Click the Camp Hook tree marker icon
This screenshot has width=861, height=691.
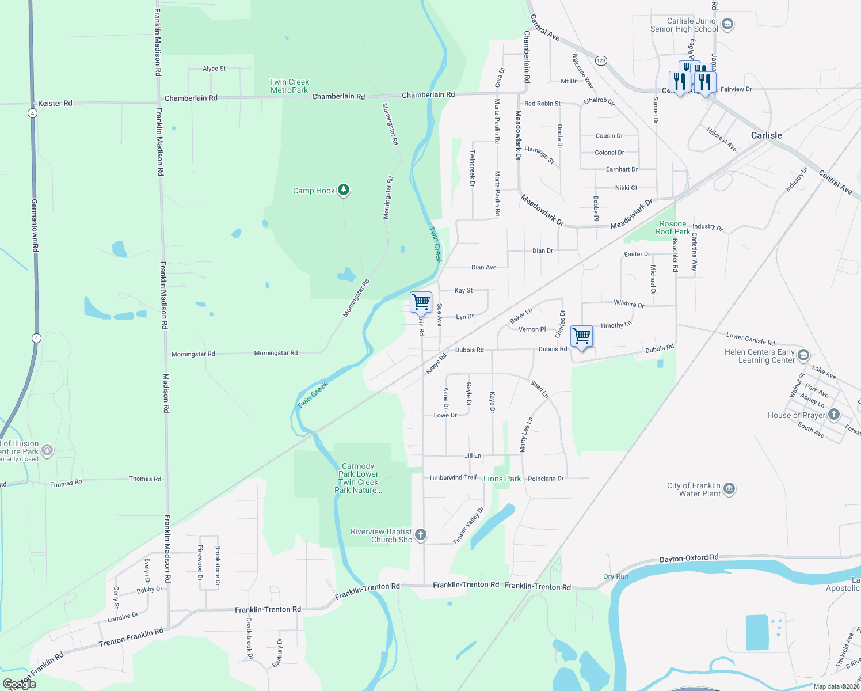(x=344, y=189)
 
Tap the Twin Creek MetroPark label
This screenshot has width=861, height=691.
(x=289, y=86)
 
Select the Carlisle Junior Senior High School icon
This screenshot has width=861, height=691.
(x=727, y=24)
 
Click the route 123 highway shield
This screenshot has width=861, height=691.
(x=601, y=60)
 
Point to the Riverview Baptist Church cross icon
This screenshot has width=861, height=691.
(x=421, y=535)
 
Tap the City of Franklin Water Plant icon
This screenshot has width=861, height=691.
(x=729, y=489)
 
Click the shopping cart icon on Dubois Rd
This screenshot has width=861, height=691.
(x=582, y=336)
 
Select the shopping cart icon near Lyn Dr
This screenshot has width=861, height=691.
(x=421, y=301)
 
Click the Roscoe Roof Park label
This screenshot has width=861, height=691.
(x=673, y=227)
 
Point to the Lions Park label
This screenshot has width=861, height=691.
(x=502, y=479)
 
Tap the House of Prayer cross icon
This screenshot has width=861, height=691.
(x=834, y=415)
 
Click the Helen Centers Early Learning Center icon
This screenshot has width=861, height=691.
(x=803, y=355)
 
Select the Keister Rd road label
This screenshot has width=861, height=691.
(x=55, y=104)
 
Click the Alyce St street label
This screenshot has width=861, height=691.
(x=214, y=69)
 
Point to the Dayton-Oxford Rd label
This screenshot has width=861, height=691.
(x=689, y=558)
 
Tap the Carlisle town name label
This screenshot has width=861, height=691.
(x=766, y=135)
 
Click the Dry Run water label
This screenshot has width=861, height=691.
(x=616, y=576)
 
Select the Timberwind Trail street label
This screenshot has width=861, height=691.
(x=452, y=477)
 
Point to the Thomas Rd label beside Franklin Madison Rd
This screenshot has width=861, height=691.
(x=145, y=479)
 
